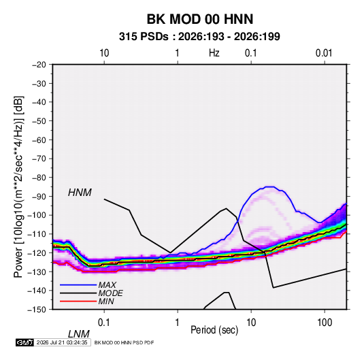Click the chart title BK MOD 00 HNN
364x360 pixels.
tap(200, 19)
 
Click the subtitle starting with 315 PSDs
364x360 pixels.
tap(199, 37)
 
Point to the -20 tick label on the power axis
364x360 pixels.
tap(39, 65)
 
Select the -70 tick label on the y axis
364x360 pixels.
tap(39, 159)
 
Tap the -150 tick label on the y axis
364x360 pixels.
tap(37, 310)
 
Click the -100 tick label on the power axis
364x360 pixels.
tap(37, 215)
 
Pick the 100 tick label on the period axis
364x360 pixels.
tap(325, 323)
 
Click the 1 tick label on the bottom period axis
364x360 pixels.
tap(178, 323)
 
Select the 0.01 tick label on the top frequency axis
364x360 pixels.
tap(324, 53)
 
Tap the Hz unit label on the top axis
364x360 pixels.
tap(214, 53)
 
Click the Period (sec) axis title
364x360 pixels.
tap(214, 330)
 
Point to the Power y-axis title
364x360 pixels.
tap(18, 187)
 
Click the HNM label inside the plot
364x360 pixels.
tap(80, 193)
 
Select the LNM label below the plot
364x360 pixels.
tap(79, 334)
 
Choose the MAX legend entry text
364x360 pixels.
tap(107, 285)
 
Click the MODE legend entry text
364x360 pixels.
tap(110, 293)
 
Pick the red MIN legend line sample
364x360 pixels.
tap(78, 301)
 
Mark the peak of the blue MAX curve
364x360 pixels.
tap(269, 186)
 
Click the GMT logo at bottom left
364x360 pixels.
tap(25, 342)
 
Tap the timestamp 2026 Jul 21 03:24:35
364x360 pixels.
tap(62, 342)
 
